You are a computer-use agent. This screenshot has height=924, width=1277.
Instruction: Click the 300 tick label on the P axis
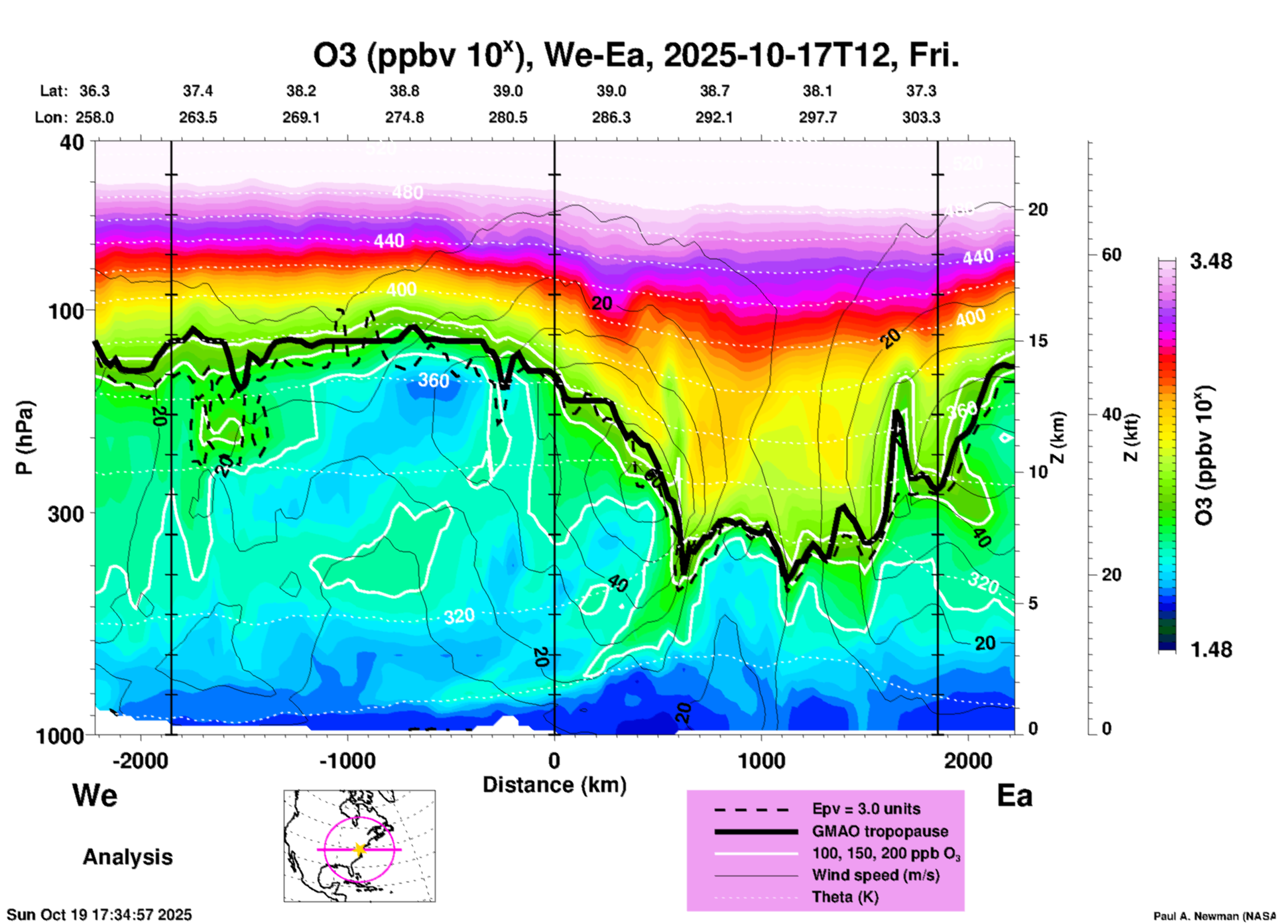pyautogui.click(x=66, y=513)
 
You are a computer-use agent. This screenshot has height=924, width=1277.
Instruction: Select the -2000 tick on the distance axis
pyautogui.click(x=141, y=760)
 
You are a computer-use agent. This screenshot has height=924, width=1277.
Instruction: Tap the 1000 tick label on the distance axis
pyautogui.click(x=761, y=760)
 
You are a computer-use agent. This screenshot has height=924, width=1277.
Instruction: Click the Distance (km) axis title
pyautogui.click(x=554, y=785)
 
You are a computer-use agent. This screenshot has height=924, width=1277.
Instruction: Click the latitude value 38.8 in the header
pyautogui.click(x=404, y=91)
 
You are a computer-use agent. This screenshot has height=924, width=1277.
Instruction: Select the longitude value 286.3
pyautogui.click(x=611, y=117)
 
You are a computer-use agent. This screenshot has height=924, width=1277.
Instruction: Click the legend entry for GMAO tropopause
pyautogui.click(x=880, y=831)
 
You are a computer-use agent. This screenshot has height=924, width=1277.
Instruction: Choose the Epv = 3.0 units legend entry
pyautogui.click(x=866, y=809)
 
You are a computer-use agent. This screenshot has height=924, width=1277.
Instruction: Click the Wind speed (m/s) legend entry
pyautogui.click(x=875, y=875)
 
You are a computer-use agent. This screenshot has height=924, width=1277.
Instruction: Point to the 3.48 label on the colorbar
pyautogui.click(x=1211, y=261)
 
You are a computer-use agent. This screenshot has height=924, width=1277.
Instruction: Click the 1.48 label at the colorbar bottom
pyautogui.click(x=1211, y=649)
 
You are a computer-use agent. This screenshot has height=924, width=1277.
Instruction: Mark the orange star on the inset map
pyautogui.click(x=359, y=849)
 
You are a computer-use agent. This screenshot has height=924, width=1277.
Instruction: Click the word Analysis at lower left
pyautogui.click(x=127, y=856)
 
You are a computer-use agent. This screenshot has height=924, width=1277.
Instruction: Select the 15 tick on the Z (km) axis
pyautogui.click(x=1038, y=341)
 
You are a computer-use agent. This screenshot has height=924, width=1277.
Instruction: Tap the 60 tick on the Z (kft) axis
pyautogui.click(x=1111, y=255)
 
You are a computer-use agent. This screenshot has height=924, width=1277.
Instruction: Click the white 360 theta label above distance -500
pyautogui.click(x=434, y=380)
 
